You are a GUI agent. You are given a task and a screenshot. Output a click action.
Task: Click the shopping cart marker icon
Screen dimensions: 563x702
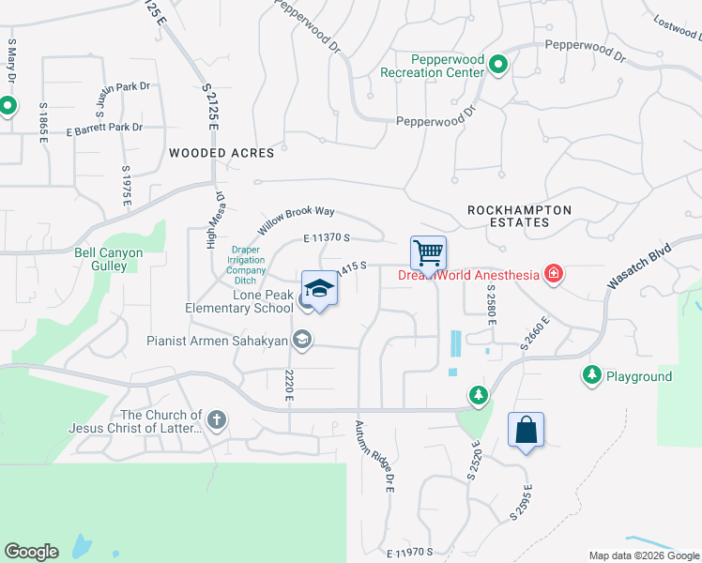(x=428, y=252)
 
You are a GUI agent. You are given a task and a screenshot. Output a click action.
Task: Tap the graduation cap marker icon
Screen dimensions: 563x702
(x=319, y=288)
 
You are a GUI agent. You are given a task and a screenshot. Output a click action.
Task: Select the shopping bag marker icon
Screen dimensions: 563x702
(x=526, y=430)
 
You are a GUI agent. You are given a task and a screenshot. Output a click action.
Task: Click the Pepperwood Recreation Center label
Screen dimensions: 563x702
(x=433, y=66)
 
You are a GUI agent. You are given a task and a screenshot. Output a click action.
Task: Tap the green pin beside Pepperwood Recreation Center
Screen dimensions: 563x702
(x=499, y=66)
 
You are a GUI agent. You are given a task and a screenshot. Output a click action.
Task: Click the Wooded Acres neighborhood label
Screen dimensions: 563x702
(x=221, y=153)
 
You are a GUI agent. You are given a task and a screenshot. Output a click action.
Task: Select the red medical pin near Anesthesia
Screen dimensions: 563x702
(x=555, y=274)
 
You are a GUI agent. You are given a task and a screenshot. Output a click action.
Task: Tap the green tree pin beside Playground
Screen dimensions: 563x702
(x=592, y=375)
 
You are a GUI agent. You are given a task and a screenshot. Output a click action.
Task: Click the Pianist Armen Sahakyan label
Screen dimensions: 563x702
(x=217, y=341)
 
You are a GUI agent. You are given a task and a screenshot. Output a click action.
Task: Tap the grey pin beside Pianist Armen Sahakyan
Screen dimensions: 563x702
(x=302, y=340)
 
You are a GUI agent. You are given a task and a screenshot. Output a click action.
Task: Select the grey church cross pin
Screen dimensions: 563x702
(x=217, y=419)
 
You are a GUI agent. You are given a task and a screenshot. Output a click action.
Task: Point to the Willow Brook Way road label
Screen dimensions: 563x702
(x=297, y=221)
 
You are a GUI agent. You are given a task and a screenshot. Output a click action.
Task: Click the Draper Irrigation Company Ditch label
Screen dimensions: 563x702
(x=246, y=265)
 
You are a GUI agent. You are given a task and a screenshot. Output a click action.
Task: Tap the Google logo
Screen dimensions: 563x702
(x=31, y=551)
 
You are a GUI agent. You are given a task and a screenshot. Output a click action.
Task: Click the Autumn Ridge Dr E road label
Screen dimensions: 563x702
(x=374, y=456)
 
